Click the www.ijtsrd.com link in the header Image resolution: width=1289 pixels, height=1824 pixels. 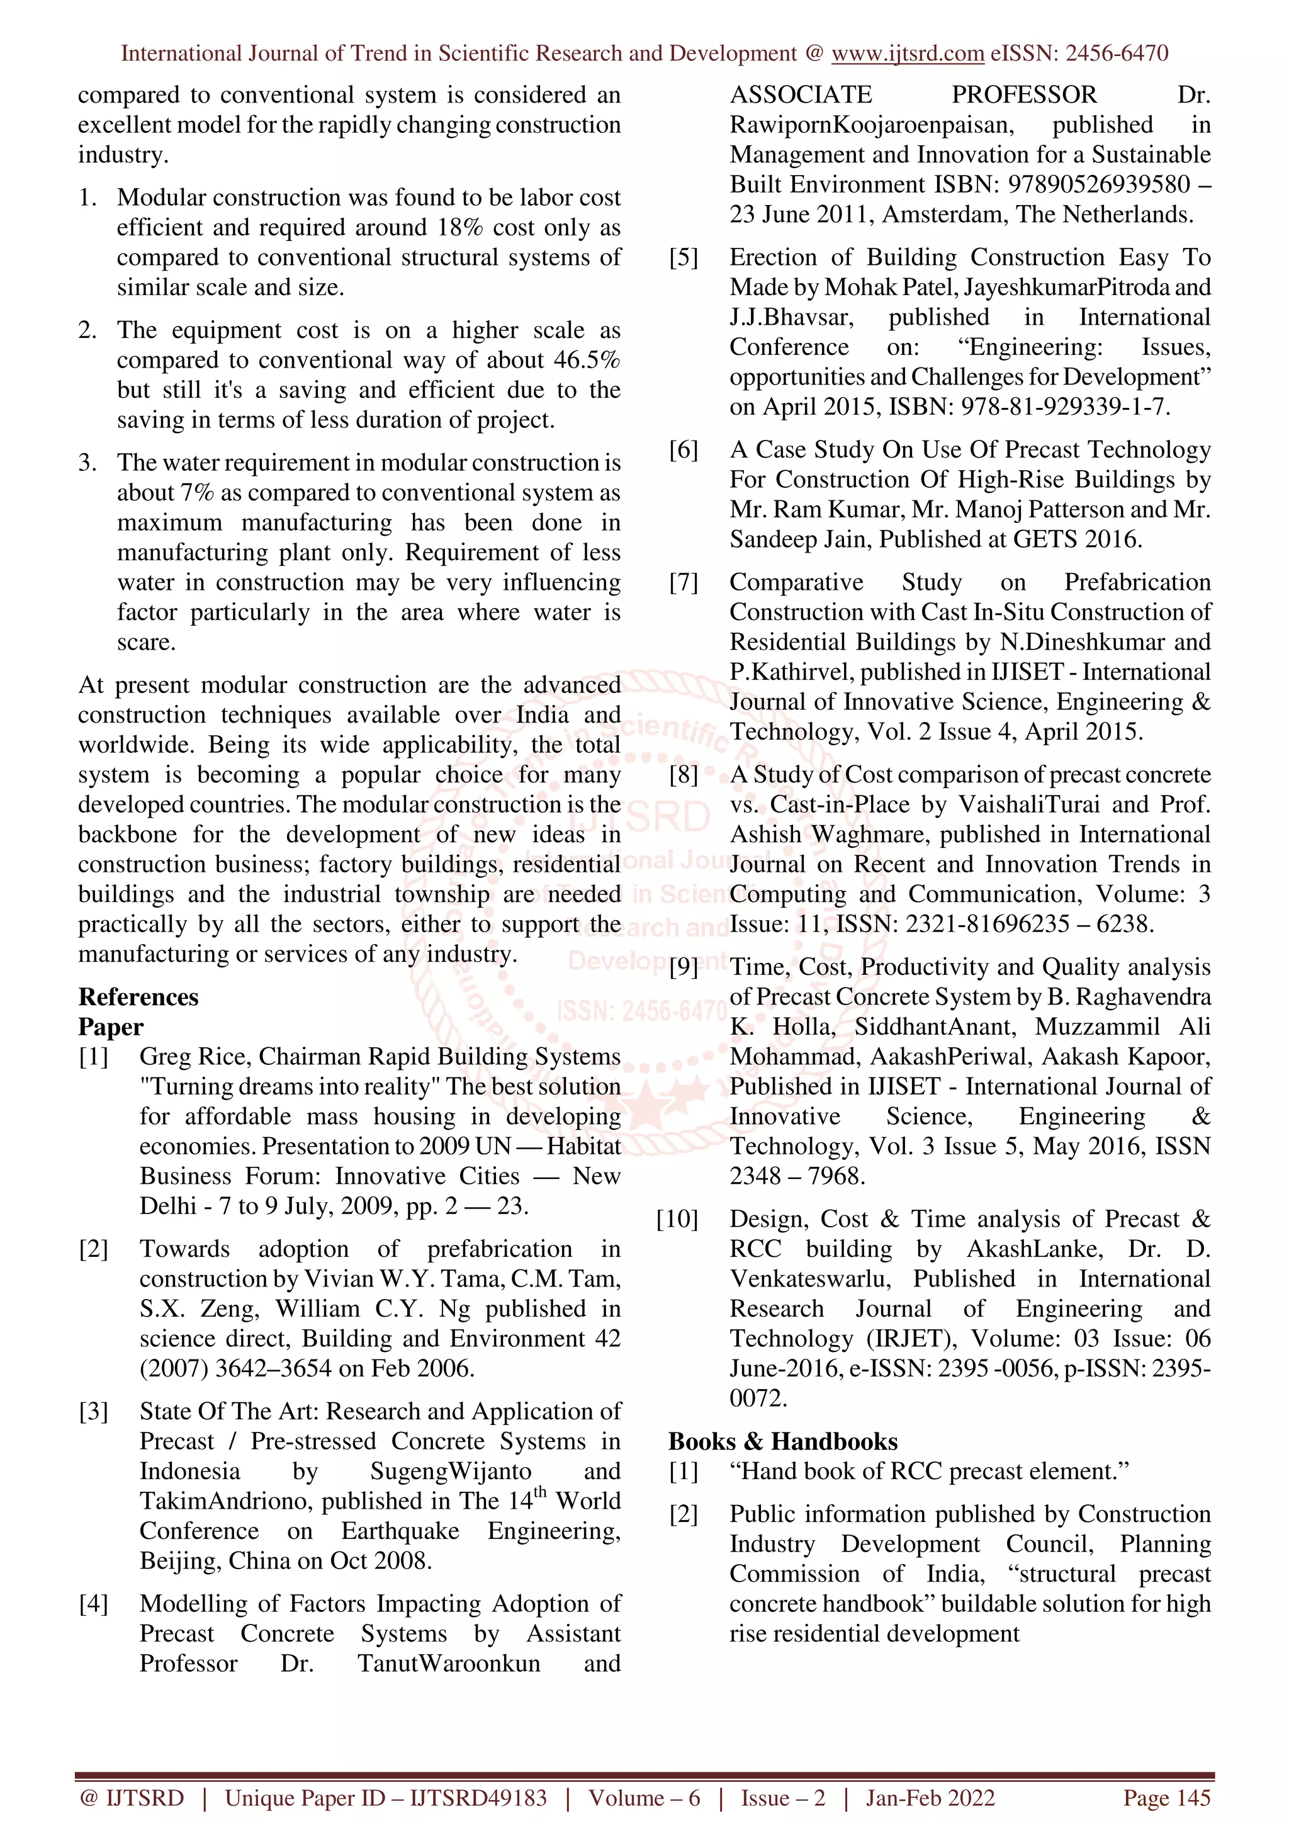[x=907, y=53]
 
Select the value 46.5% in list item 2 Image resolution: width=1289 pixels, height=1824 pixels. [x=586, y=360]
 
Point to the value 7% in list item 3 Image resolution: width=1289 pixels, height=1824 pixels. [x=197, y=493]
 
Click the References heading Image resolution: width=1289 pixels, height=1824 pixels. [x=138, y=997]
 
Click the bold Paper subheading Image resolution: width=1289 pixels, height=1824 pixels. [x=110, y=1027]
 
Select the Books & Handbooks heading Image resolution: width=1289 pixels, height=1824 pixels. [x=782, y=1441]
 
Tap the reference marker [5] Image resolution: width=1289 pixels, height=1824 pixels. [x=683, y=257]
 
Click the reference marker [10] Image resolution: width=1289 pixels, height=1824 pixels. [x=677, y=1219]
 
